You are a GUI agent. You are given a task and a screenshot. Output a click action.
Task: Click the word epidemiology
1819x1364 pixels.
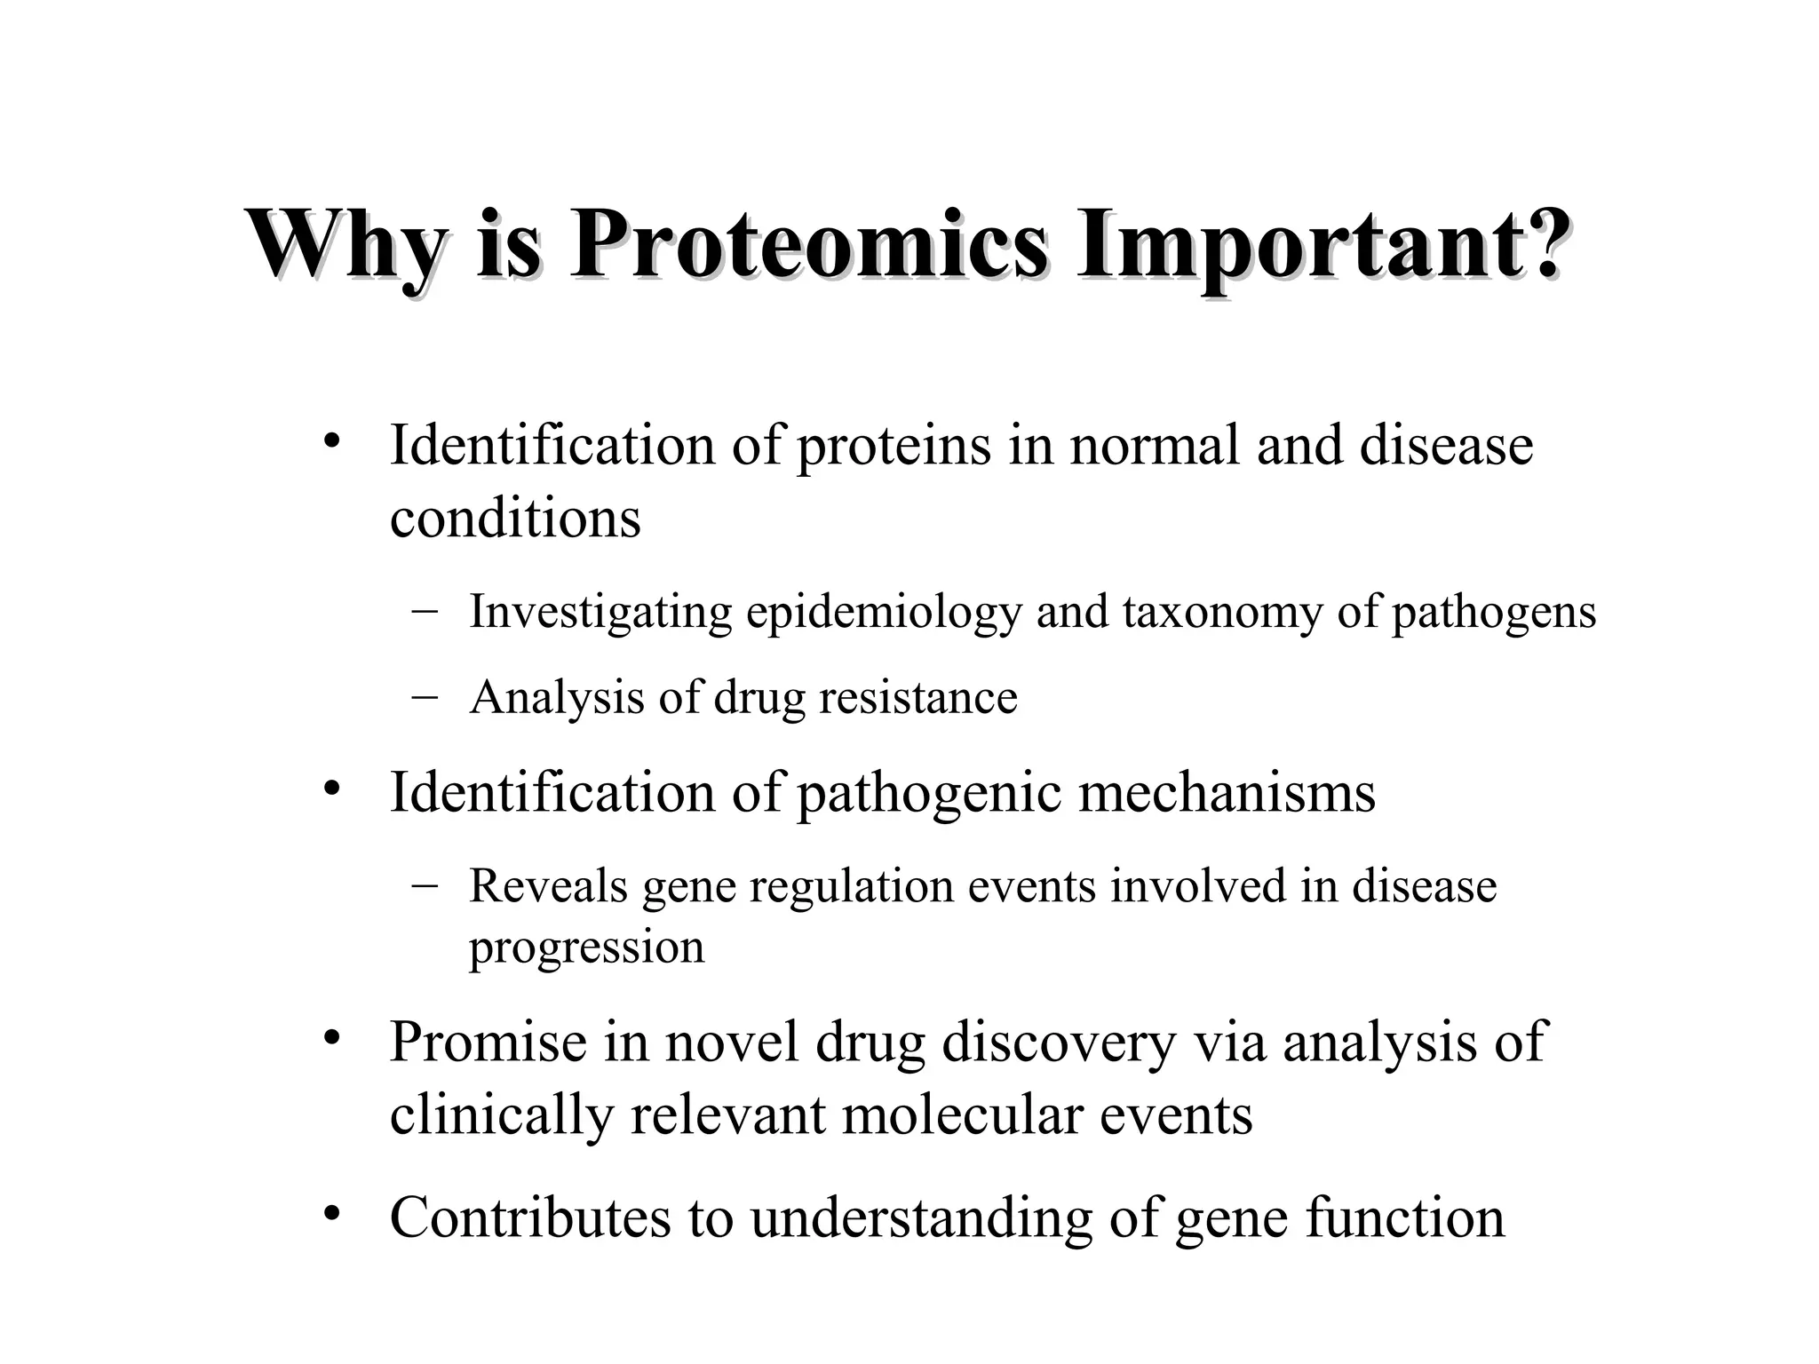[884, 613]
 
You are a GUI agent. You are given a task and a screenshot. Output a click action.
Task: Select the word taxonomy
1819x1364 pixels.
[1222, 613]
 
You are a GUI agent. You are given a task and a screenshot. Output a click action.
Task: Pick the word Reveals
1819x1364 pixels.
[548, 885]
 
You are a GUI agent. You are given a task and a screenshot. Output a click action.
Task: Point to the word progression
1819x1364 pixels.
[586, 948]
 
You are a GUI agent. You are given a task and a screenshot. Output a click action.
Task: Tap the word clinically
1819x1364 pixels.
[501, 1114]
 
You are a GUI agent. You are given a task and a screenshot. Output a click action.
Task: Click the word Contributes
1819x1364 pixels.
[530, 1217]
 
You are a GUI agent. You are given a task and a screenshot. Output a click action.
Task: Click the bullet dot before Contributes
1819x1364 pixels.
[332, 1213]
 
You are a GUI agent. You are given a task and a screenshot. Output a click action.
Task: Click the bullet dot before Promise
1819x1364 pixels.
[332, 1037]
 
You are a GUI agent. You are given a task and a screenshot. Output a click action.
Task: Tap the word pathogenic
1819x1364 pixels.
[928, 793]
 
